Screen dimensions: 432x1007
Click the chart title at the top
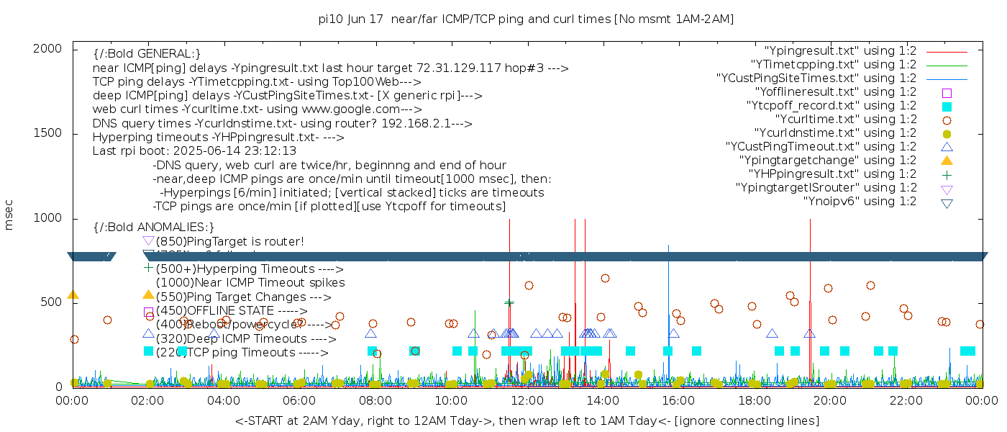[526, 19]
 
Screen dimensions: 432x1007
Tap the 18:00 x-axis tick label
[753, 400]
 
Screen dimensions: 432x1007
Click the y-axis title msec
[9, 215]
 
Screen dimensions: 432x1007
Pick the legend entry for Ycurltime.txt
[845, 120]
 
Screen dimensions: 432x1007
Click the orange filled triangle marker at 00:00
[73, 294]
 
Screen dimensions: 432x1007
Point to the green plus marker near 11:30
[509, 303]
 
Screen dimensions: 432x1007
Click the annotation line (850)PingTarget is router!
[229, 241]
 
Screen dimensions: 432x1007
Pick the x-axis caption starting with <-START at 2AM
[527, 420]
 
